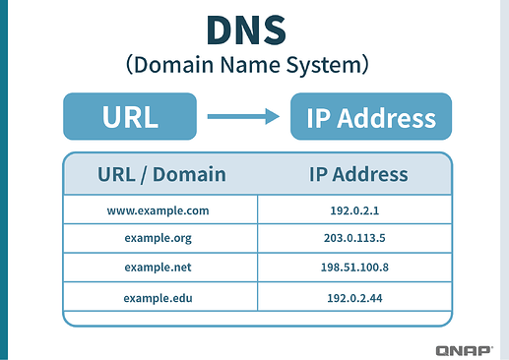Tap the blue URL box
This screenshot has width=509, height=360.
[x=130, y=116]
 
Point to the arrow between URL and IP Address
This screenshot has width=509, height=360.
[x=244, y=117]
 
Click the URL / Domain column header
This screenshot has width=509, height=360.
[x=161, y=174]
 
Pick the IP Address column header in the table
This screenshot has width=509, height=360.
[x=357, y=174]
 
